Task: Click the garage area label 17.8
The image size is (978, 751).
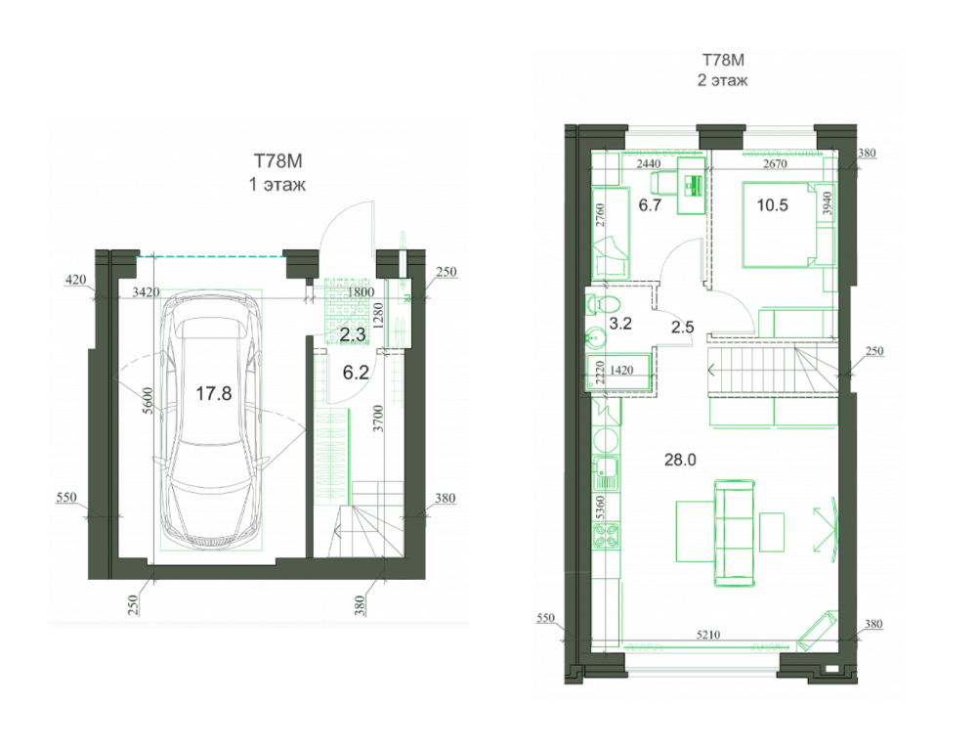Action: point(213,393)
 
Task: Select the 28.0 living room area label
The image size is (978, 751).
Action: point(680,461)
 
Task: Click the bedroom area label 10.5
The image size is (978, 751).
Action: point(772,204)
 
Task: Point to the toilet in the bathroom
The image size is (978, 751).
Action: point(603,305)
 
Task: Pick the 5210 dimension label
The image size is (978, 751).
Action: point(708,635)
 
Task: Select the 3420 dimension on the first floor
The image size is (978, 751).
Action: point(146,291)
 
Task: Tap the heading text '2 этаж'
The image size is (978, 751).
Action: point(722,80)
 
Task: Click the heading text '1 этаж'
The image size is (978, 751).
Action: point(277,185)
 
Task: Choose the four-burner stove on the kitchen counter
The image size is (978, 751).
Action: point(605,536)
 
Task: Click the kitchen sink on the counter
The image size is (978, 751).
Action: point(606,472)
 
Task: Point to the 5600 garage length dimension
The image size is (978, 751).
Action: point(148,400)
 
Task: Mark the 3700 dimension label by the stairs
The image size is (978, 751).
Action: point(378,419)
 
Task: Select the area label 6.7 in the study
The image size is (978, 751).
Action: point(650,204)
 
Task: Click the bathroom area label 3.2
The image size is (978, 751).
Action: point(620,324)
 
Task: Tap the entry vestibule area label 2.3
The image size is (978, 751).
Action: point(353,334)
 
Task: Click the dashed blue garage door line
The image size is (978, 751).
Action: point(211,256)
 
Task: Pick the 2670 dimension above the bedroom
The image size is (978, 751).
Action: point(775,163)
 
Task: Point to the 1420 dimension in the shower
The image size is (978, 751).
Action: point(621,371)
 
